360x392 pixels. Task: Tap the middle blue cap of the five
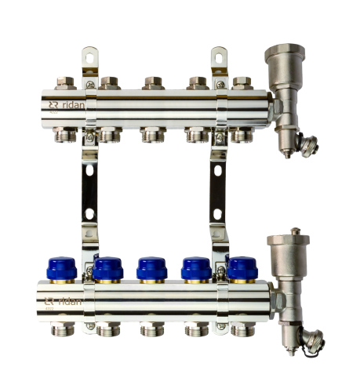point(151,268)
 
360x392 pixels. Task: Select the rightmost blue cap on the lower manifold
point(242,268)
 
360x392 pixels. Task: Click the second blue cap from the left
point(108,268)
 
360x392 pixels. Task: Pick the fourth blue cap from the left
point(196,268)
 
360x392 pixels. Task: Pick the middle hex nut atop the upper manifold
point(152,82)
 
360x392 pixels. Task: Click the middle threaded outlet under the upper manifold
point(152,135)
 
